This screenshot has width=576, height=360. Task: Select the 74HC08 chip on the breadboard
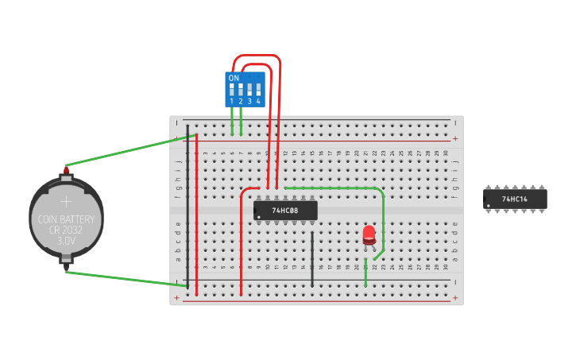(x=285, y=211)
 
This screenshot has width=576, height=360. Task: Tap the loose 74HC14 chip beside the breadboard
(x=515, y=199)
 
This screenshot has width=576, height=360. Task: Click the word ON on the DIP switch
(x=234, y=79)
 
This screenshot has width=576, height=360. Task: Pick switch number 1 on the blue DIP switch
(x=232, y=90)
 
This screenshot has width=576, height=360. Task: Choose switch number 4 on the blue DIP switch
(x=258, y=90)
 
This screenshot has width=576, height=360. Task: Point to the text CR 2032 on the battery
(x=67, y=229)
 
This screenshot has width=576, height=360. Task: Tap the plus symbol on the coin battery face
(x=67, y=201)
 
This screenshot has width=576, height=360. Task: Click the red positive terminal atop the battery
(x=66, y=168)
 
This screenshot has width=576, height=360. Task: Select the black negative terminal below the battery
(x=66, y=261)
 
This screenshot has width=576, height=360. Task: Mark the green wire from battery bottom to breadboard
(x=127, y=279)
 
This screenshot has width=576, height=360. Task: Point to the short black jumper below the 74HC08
(x=312, y=258)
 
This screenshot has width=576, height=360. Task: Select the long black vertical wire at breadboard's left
(x=188, y=207)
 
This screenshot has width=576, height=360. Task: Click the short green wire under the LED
(x=365, y=272)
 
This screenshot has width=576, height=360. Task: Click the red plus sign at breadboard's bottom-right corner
(x=455, y=298)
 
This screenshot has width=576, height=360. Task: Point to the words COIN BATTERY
(x=67, y=219)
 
